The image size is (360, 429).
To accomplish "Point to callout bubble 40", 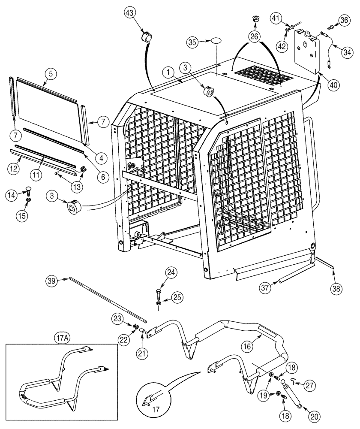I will click(333, 85).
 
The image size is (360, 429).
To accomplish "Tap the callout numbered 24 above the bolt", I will click(171, 272).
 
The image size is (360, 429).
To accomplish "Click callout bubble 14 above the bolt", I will click(12, 195).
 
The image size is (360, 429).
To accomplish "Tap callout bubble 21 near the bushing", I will click(142, 353).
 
